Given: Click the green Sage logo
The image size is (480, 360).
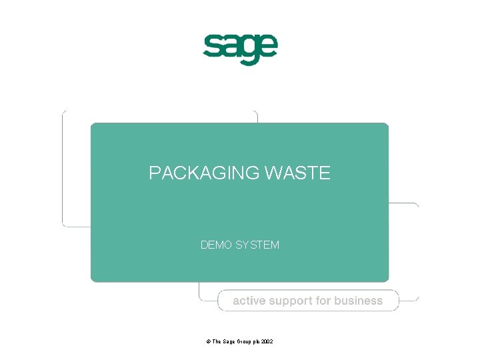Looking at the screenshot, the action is point(240,48).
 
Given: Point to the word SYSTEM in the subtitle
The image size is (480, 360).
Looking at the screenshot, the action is point(257,245).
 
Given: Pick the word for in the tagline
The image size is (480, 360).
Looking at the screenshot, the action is point(323,301).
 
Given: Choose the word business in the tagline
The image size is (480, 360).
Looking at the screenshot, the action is point(359,301).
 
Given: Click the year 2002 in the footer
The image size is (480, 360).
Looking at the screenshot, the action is point(267,341).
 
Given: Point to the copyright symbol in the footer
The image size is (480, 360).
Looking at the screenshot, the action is point(209,341).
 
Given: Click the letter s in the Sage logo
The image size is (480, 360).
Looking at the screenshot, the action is point(213,47).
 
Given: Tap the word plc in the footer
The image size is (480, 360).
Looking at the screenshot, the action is point(255,341).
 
